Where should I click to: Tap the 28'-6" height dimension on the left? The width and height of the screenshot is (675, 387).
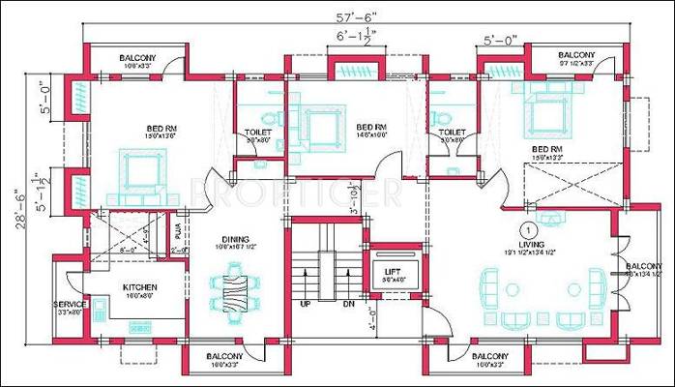pyautogui.click(x=22, y=214)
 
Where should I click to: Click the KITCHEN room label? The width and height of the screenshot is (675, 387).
pyautogui.click(x=139, y=288)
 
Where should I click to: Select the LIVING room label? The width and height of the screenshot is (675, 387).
pyautogui.click(x=529, y=247)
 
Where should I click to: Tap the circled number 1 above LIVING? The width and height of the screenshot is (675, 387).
pyautogui.click(x=529, y=229)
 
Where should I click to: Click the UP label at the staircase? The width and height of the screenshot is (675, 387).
pyautogui.click(x=307, y=305)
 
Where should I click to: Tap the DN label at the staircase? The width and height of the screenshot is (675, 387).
pyautogui.click(x=348, y=305)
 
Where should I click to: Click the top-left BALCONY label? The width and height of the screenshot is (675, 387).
pyautogui.click(x=138, y=58)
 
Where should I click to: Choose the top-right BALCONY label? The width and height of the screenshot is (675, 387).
pyautogui.click(x=577, y=55)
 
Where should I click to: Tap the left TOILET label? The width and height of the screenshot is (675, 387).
pyautogui.click(x=258, y=132)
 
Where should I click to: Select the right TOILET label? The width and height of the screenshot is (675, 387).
pyautogui.click(x=451, y=132)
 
